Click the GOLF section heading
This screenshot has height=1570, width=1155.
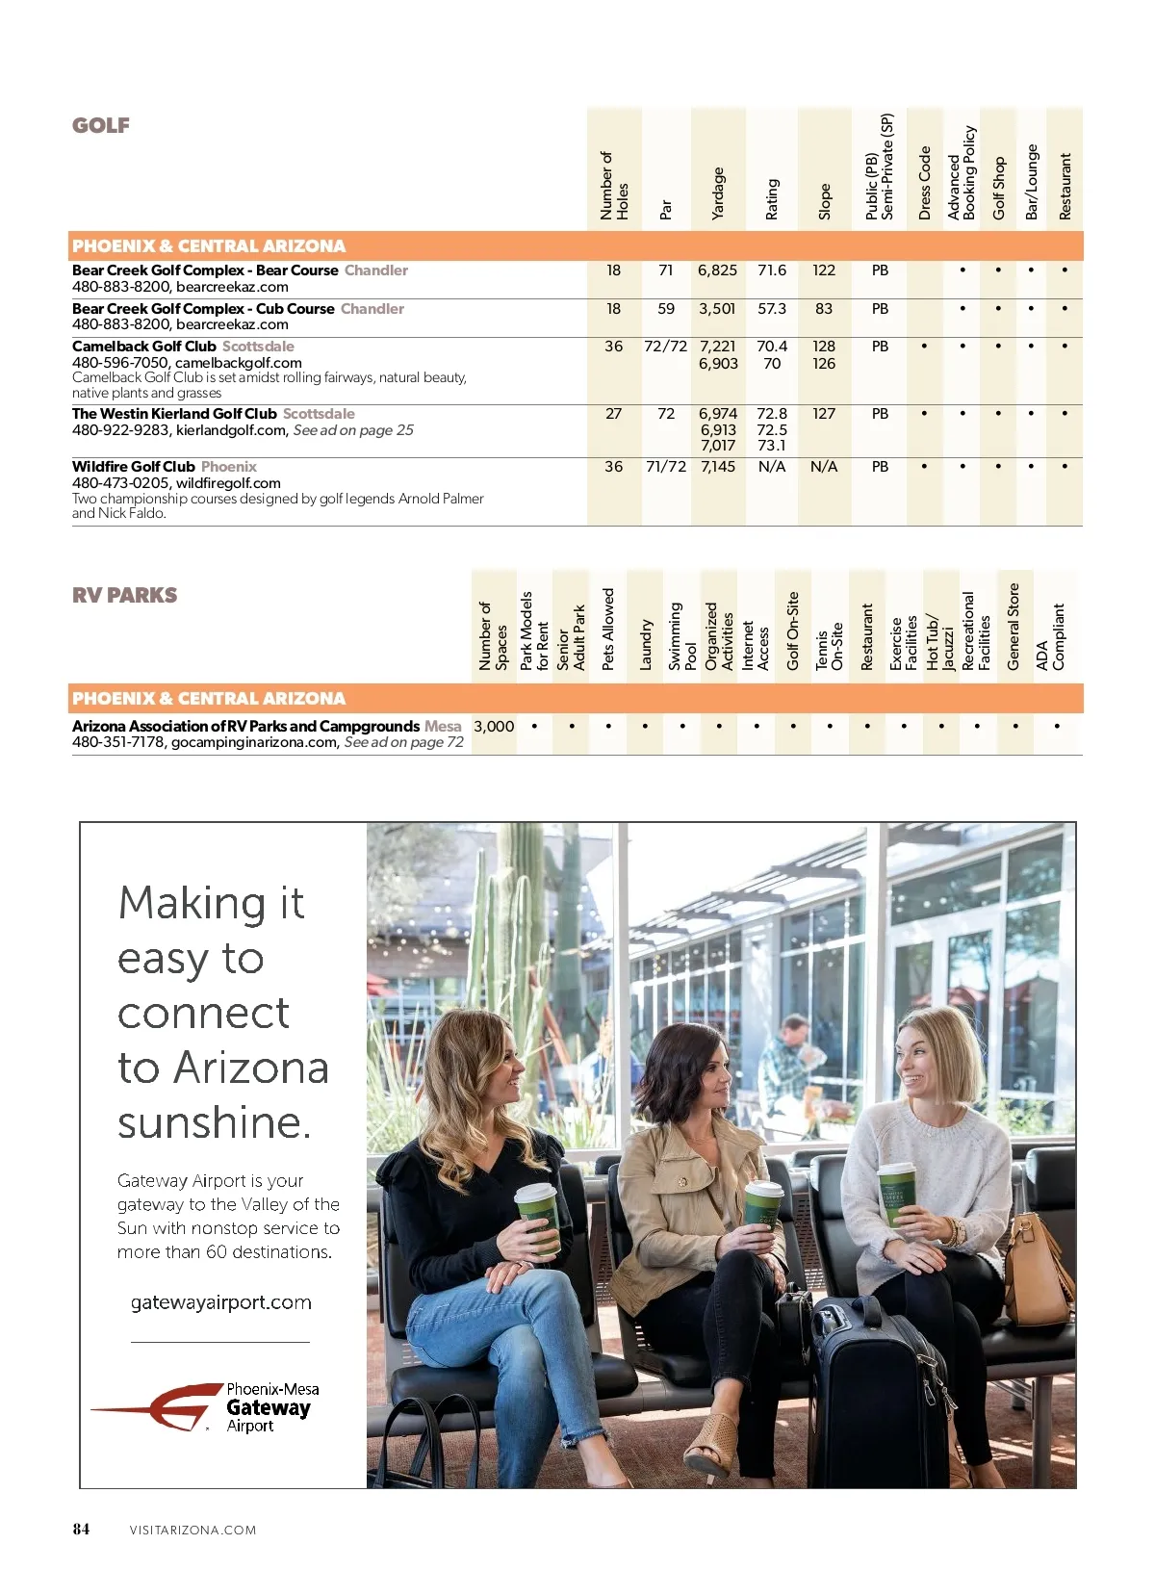coord(101,125)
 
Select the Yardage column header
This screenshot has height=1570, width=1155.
coord(717,193)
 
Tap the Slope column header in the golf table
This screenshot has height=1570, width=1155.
coord(824,201)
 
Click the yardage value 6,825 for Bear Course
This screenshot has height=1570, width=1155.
coord(717,270)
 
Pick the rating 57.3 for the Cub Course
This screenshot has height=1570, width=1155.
coord(772,309)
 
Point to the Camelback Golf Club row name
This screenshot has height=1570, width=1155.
coord(144,347)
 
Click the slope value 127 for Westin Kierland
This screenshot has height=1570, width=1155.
coord(824,414)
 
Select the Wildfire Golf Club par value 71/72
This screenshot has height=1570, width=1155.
coord(666,467)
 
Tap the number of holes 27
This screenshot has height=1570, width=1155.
coord(613,414)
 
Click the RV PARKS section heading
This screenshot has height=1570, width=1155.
coord(125,595)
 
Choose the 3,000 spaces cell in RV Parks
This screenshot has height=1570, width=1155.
coord(494,727)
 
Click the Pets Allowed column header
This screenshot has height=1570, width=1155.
coord(608,630)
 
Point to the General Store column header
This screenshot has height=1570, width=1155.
coord(1014,626)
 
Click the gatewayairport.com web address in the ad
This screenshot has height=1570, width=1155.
coord(221,1302)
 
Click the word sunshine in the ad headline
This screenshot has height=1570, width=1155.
coord(215,1122)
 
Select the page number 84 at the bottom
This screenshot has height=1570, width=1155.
coord(82,1530)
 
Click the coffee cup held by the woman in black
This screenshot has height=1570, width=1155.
coord(539,1218)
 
